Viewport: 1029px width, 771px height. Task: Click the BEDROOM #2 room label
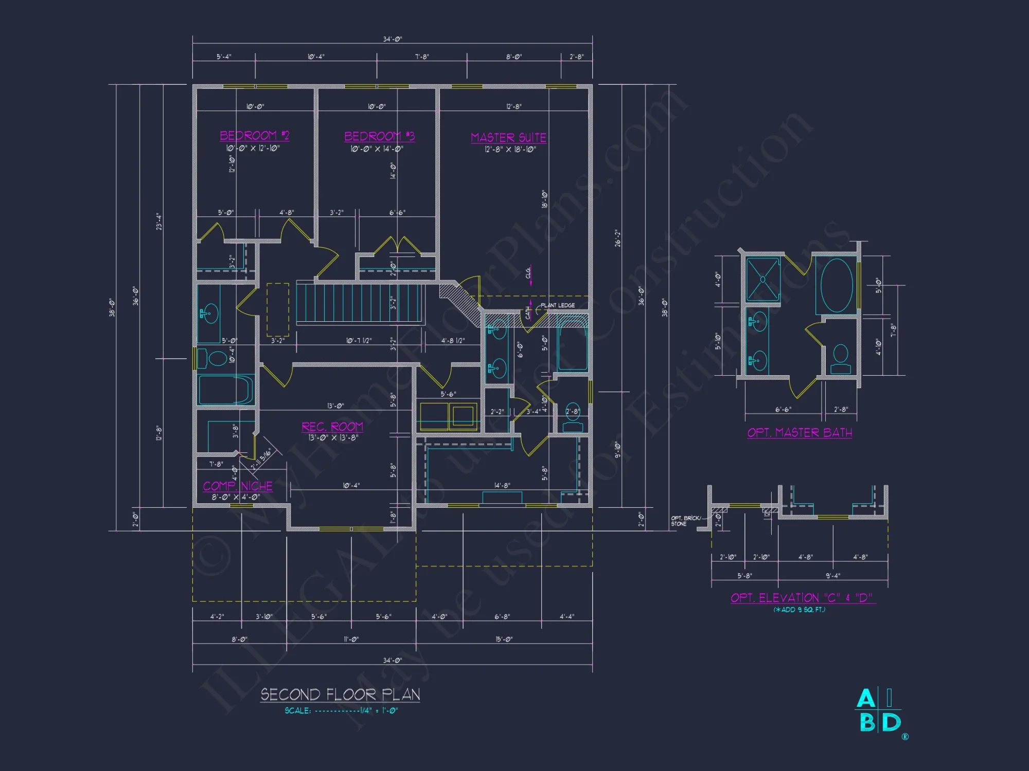coord(254,136)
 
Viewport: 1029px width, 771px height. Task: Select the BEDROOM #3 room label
coord(379,136)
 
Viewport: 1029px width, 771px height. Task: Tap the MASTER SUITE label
coord(508,138)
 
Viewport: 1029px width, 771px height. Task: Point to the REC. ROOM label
coord(332,427)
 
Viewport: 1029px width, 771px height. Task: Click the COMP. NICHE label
coord(238,486)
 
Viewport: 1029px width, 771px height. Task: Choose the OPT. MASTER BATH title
coord(800,433)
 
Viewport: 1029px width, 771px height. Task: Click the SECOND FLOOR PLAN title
coord(340,695)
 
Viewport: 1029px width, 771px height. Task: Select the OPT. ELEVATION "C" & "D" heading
coord(802,598)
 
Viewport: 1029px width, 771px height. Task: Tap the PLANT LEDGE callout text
coord(558,305)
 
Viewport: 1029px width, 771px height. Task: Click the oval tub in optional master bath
coord(837,285)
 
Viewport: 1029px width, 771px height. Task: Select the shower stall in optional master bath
coord(763,280)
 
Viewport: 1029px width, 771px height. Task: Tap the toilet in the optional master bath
coord(840,359)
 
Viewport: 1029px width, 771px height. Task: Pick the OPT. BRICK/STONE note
coord(685,521)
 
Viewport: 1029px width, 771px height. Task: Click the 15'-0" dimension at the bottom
coord(504,639)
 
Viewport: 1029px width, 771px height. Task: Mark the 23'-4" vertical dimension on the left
coord(159,222)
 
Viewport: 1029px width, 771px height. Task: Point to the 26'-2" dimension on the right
coord(618,238)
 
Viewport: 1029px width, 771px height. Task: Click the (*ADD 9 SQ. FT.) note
coord(799,610)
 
